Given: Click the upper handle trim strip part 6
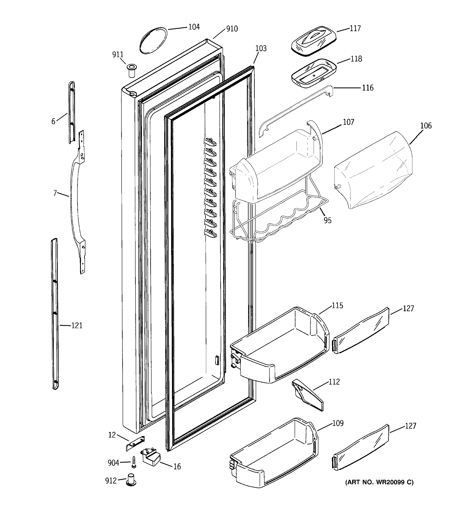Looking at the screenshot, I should (72, 112).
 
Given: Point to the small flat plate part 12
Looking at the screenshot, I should (135, 443).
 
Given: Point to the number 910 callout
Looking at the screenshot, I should (232, 29).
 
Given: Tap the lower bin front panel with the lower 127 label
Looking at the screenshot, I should (361, 448).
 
